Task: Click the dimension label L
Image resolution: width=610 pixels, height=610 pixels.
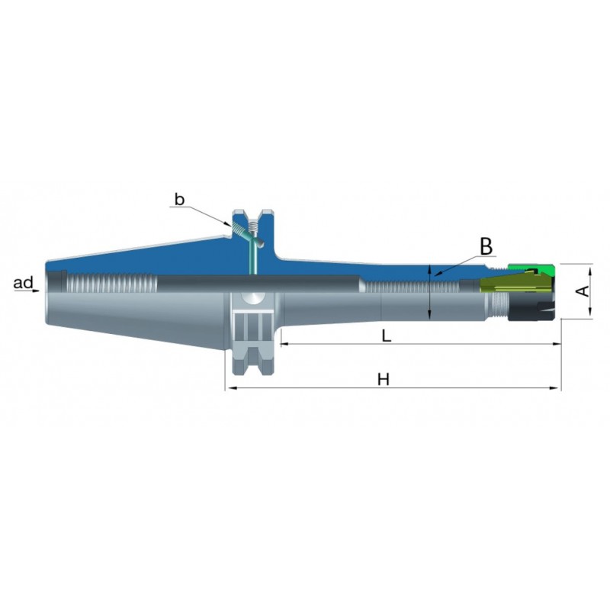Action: [386, 335]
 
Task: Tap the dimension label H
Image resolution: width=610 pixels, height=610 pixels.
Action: [384, 379]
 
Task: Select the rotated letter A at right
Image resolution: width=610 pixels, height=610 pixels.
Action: [584, 291]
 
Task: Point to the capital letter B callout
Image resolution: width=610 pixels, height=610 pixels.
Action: [486, 246]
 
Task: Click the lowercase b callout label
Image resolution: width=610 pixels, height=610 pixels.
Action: [179, 200]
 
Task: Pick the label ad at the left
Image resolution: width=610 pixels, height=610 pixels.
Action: [24, 283]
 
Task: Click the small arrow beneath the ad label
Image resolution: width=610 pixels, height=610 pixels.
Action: [35, 291]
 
